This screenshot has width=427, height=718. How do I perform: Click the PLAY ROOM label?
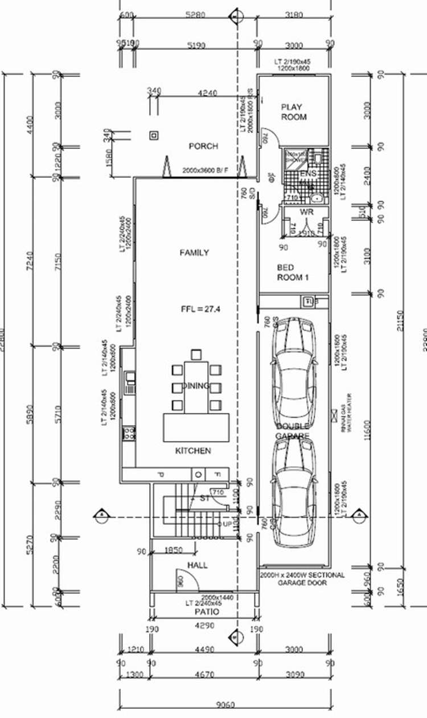tap(294, 112)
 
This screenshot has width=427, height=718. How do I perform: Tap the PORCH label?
tap(203, 146)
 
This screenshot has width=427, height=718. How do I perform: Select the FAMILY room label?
tap(194, 252)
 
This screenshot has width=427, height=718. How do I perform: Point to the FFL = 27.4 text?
tap(200, 309)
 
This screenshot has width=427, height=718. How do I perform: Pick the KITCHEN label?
tap(193, 451)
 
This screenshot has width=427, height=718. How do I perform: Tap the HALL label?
tap(198, 565)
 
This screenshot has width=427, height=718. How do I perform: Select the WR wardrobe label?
tap(307, 212)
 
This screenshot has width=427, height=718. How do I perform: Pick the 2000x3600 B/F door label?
tap(205, 170)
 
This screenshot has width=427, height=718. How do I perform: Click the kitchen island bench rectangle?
tap(197, 427)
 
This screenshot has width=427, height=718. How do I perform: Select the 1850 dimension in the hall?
tap(173, 550)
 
